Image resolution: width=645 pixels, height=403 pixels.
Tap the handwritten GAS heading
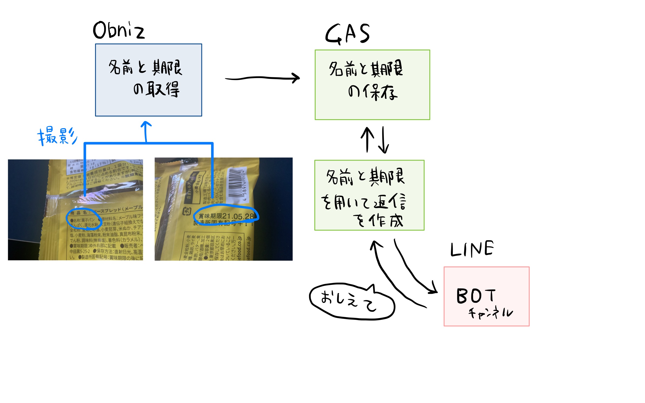pyautogui.click(x=347, y=34)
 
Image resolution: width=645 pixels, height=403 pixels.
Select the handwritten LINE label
pyautogui.click(x=472, y=249)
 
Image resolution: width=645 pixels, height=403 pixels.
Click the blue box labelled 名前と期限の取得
pyautogui.click(x=148, y=80)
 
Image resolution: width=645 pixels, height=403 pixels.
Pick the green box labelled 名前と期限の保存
pyautogui.click(x=372, y=85)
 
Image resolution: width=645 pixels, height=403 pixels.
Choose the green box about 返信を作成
pyautogui.click(x=369, y=195)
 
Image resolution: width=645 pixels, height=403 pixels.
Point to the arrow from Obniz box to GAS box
pyautogui.click(x=262, y=78)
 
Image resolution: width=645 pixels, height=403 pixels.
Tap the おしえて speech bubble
pyautogui.click(x=351, y=302)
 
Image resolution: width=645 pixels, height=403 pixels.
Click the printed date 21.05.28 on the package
pyautogui.click(x=238, y=217)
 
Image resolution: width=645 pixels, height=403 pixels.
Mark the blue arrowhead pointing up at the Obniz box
pyautogui.click(x=146, y=124)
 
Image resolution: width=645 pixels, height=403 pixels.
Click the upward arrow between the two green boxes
pyautogui.click(x=367, y=139)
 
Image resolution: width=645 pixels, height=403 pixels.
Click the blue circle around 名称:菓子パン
pyautogui.click(x=84, y=219)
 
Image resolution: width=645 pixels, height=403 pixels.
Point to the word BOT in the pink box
pyautogui.click(x=476, y=296)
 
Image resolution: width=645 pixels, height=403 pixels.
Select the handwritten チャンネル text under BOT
pyautogui.click(x=490, y=313)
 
